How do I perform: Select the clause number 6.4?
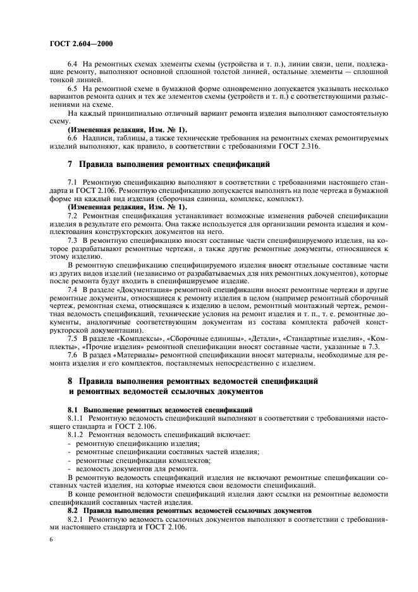[x=72, y=65]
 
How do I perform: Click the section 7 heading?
[x=169, y=164]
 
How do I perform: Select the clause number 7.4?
[x=72, y=287]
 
